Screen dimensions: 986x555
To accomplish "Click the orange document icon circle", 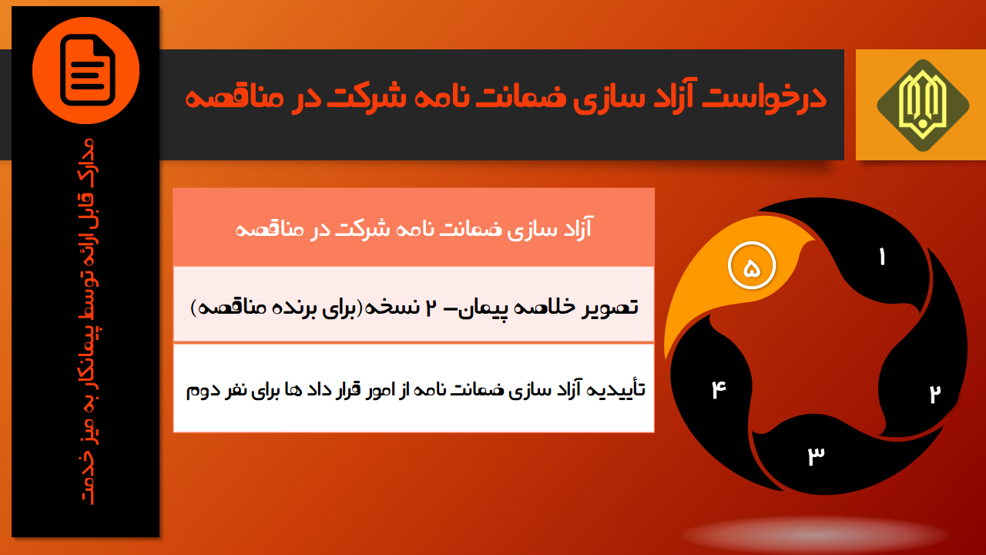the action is [86, 70].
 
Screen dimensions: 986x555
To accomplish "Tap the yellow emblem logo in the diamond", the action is [923, 106].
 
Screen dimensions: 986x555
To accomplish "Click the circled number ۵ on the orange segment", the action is [751, 266].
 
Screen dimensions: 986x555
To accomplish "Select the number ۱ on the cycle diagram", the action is [882, 257].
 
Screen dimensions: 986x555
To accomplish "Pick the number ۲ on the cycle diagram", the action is [934, 393].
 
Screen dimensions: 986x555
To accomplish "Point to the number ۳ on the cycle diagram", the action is [816, 456].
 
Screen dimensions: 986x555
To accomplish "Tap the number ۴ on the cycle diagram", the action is [719, 389].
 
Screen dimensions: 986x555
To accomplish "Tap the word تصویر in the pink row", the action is [611, 307].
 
